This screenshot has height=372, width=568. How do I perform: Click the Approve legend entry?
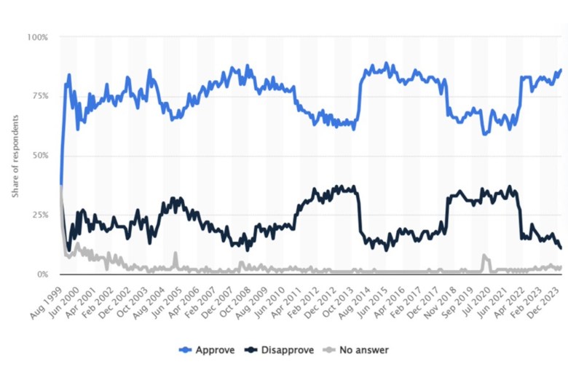[208, 350]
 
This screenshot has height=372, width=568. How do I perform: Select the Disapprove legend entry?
[281, 350]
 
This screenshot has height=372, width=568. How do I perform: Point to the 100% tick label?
[37, 36]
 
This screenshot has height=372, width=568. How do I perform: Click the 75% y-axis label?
[39, 96]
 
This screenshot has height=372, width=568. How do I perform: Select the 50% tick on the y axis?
[39, 156]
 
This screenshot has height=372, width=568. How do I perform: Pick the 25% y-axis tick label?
[39, 215]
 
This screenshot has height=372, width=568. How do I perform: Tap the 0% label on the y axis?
[42, 274]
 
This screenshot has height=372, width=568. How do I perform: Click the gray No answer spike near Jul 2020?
[484, 256]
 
